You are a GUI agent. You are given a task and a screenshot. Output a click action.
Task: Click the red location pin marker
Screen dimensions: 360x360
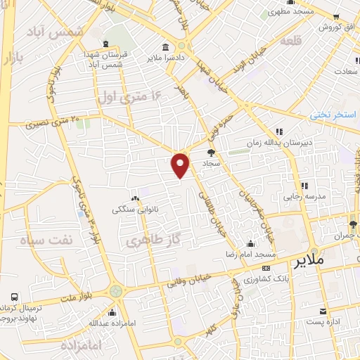coord(181,165)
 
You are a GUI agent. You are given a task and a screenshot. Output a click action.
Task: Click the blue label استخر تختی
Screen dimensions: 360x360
coord(334,113)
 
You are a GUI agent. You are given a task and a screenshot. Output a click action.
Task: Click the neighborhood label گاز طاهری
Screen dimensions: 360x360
coord(148,243)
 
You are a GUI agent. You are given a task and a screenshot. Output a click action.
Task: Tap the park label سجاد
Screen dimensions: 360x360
coord(212,162)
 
